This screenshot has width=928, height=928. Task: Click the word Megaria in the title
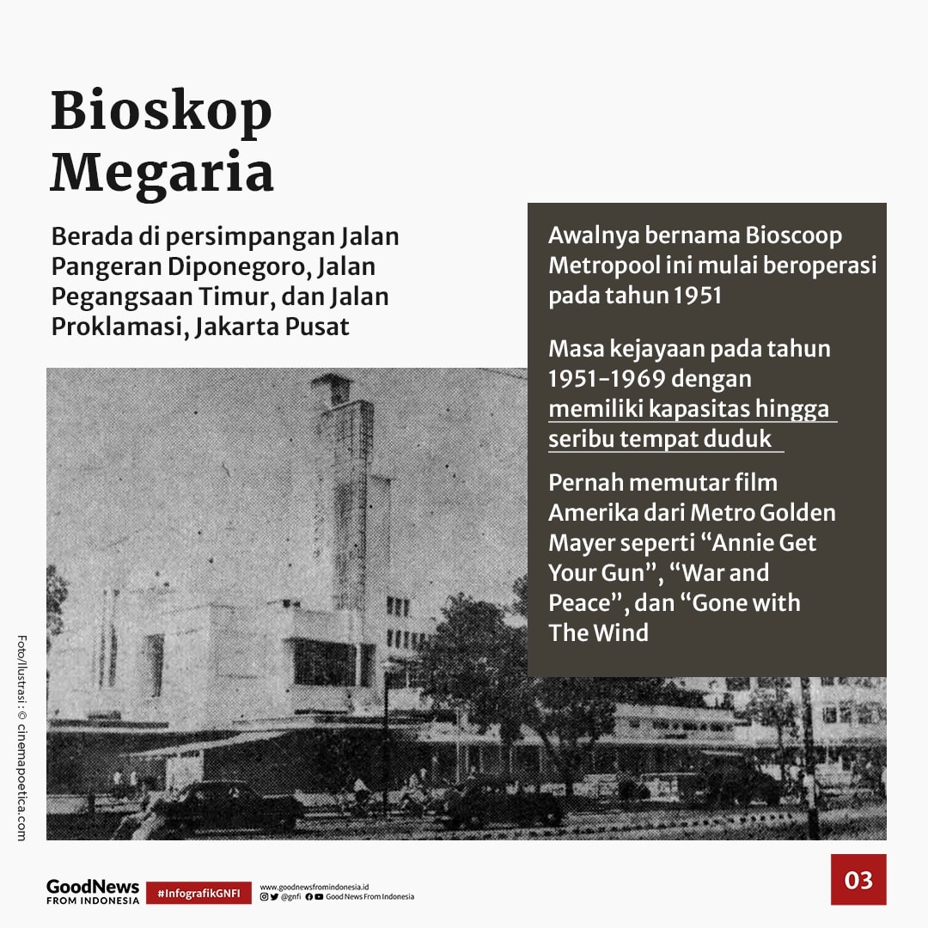click(162, 173)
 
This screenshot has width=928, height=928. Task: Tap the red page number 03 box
click(858, 879)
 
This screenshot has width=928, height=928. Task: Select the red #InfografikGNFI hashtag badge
click(198, 894)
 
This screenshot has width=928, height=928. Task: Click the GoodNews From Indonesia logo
click(92, 891)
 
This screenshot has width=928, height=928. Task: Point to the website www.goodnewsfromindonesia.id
click(314, 885)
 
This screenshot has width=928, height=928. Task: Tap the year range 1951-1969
click(607, 378)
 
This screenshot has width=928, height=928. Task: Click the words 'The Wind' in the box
click(598, 632)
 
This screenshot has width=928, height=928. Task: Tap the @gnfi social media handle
click(290, 897)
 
